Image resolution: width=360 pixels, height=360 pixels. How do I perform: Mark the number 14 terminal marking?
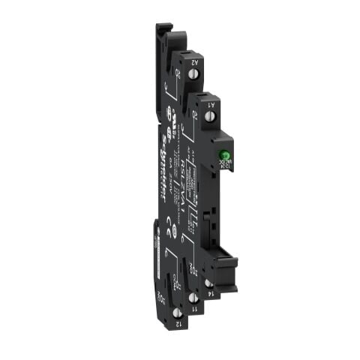215,290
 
